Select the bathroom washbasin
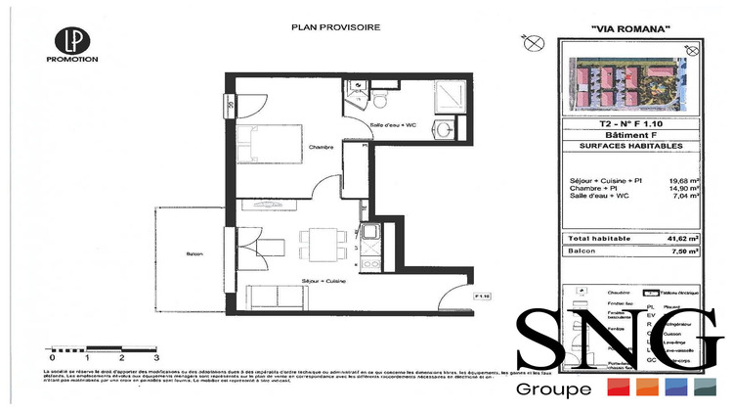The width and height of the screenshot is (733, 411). pos(445,128)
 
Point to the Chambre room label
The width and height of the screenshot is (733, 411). pos(321,148)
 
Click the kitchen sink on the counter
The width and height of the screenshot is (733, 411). pos(370,234)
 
